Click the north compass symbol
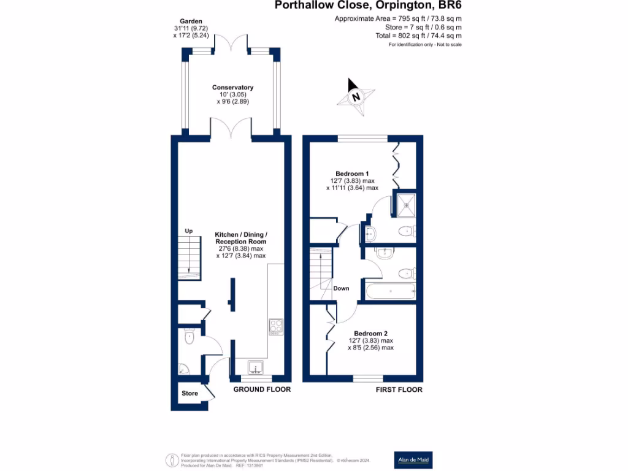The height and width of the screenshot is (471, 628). [355, 96]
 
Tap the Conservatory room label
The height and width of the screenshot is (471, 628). [232, 88]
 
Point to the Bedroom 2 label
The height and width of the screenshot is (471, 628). [370, 333]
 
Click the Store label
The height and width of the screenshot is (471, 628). [190, 393]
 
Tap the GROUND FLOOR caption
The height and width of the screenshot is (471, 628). [262, 389]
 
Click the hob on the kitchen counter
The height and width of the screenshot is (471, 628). [275, 326]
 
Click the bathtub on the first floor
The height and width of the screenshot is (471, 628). [390, 292]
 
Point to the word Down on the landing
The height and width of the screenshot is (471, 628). [341, 288]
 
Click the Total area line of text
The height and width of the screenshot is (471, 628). [419, 36]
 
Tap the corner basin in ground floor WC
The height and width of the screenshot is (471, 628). [182, 369]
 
